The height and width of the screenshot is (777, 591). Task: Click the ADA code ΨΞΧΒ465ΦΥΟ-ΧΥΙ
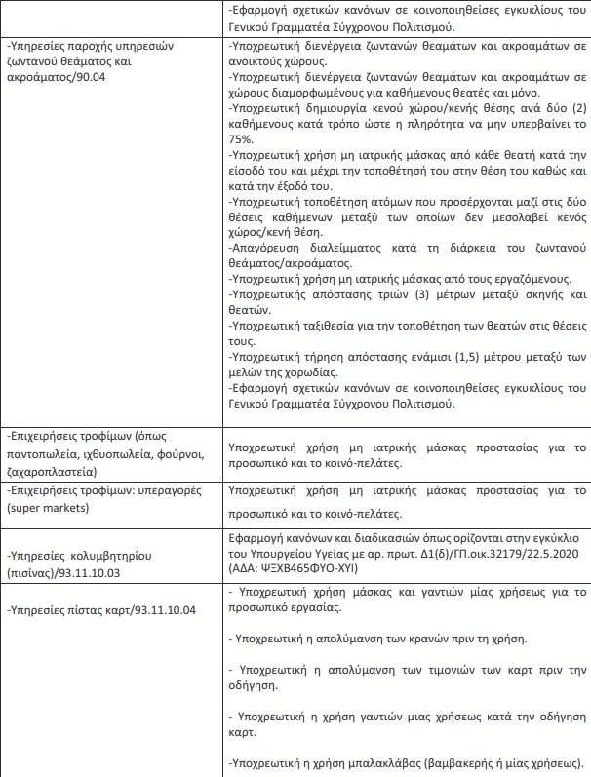pyautogui.click(x=332, y=569)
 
